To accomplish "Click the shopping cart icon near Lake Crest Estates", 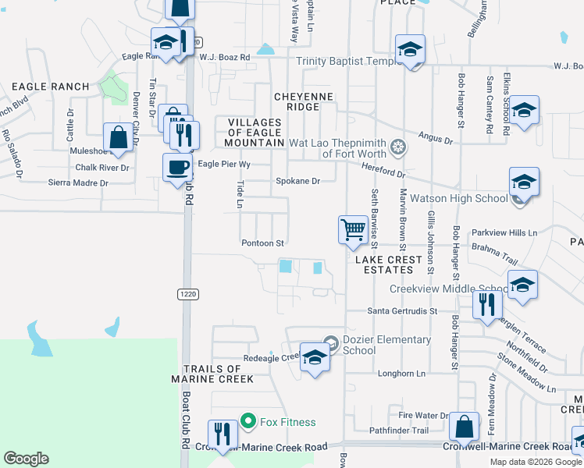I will (x=353, y=229).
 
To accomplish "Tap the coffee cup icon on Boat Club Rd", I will (x=177, y=166).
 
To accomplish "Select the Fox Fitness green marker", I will (x=249, y=422).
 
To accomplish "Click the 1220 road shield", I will (x=187, y=293).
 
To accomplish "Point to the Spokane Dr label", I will (x=298, y=181).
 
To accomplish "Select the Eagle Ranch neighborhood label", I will (x=38, y=86).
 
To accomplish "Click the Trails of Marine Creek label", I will (x=212, y=374).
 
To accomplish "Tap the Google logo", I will (x=26, y=459).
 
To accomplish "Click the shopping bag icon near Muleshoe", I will (x=118, y=137).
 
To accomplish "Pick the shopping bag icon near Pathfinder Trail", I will (x=464, y=427).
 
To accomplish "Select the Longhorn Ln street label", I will (x=401, y=374).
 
